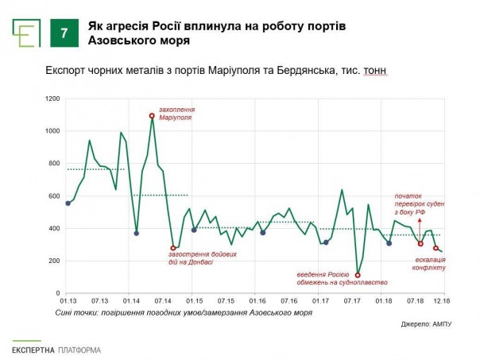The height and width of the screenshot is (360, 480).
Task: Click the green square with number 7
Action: (64, 34)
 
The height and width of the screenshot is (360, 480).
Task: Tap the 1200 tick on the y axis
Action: (53, 99)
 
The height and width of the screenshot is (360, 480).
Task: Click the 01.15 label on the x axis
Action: (194, 302)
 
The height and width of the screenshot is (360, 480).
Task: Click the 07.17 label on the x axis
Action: (351, 302)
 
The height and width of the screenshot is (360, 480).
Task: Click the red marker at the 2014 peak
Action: (152, 116)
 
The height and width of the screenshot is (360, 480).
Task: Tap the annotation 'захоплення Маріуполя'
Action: (176, 114)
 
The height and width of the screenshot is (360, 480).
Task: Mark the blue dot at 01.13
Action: (68, 203)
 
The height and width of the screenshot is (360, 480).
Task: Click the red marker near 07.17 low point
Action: (358, 275)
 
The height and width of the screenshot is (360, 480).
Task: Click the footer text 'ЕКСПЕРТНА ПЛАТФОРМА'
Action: (56, 350)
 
